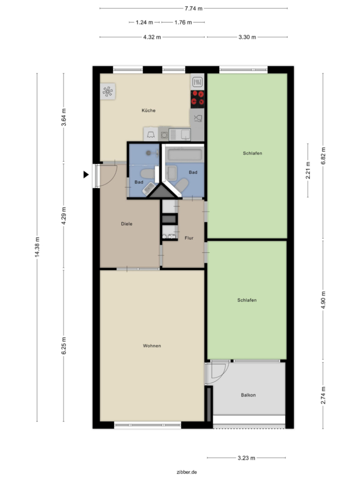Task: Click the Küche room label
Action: [x=148, y=110]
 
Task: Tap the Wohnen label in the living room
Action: [x=152, y=346]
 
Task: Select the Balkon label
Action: [x=248, y=395]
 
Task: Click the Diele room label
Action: [x=127, y=224]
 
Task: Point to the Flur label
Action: [x=189, y=238]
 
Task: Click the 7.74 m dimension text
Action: [x=194, y=9]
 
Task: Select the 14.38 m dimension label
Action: [x=37, y=247]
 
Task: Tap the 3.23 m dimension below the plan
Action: [x=246, y=458]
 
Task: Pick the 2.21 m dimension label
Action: [x=308, y=171]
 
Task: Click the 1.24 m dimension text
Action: [x=145, y=22]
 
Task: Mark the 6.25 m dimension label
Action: [x=63, y=346]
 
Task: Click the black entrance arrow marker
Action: [x=86, y=174]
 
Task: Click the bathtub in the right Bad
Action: [x=185, y=154]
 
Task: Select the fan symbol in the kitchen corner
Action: [x=108, y=91]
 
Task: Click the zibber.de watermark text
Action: [x=187, y=472]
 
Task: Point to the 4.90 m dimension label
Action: [x=323, y=300]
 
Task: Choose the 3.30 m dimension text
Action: [x=247, y=37]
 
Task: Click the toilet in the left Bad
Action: [x=148, y=174]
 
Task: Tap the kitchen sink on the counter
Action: [x=180, y=135]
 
